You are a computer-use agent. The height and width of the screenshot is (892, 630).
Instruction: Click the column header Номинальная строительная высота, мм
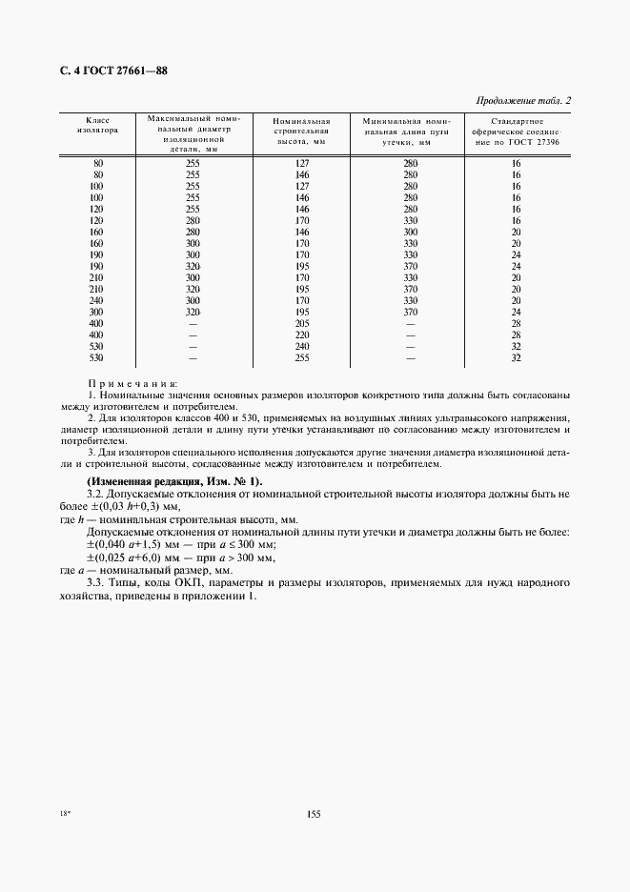click(300, 132)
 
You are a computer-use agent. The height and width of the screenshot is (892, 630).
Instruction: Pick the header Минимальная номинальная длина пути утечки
click(411, 132)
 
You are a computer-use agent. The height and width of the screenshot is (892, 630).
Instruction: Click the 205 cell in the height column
click(303, 323)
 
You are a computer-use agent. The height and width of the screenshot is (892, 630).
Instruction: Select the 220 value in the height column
click(303, 335)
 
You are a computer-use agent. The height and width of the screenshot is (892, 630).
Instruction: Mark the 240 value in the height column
click(303, 348)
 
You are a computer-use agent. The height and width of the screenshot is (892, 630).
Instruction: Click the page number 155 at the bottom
click(315, 813)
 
